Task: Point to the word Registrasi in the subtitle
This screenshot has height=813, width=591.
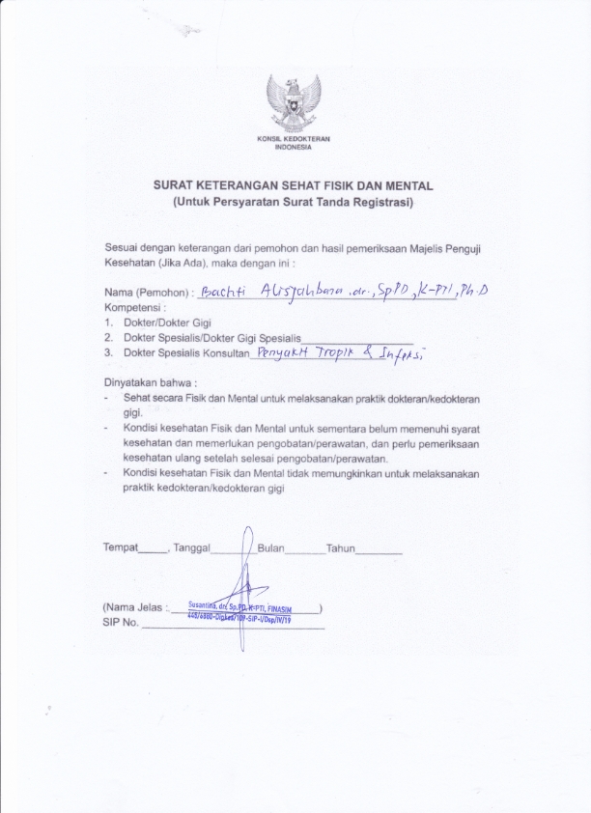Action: (x=380, y=202)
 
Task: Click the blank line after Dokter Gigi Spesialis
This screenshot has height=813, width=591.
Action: (x=357, y=341)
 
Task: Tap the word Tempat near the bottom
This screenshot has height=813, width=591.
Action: (x=121, y=547)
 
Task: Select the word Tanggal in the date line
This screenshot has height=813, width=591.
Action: (x=191, y=547)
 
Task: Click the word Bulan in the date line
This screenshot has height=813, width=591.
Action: (x=271, y=547)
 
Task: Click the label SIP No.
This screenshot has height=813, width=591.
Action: (x=121, y=623)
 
